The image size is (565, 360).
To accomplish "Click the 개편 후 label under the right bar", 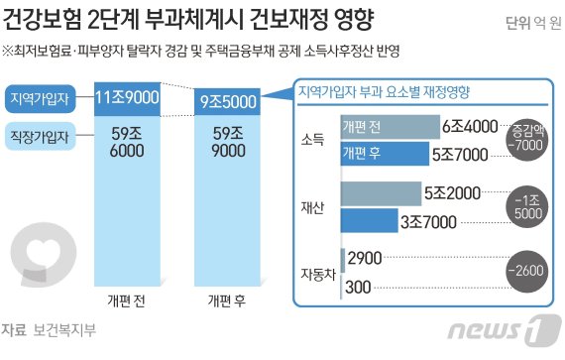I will pyautogui.click(x=228, y=300).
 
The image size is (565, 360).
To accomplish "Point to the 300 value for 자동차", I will pyautogui.click(x=361, y=286).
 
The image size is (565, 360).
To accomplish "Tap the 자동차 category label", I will pyautogui.click(x=316, y=271).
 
